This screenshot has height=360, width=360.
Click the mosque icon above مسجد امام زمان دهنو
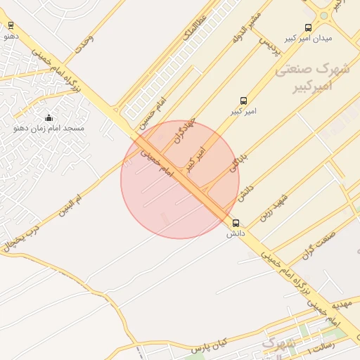[49, 117]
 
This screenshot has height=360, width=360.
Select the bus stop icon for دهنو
[10, 26]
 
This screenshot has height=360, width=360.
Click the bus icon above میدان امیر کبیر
[308, 27]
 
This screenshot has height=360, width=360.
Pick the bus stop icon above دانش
[236, 223]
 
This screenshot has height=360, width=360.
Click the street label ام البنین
[70, 205]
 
